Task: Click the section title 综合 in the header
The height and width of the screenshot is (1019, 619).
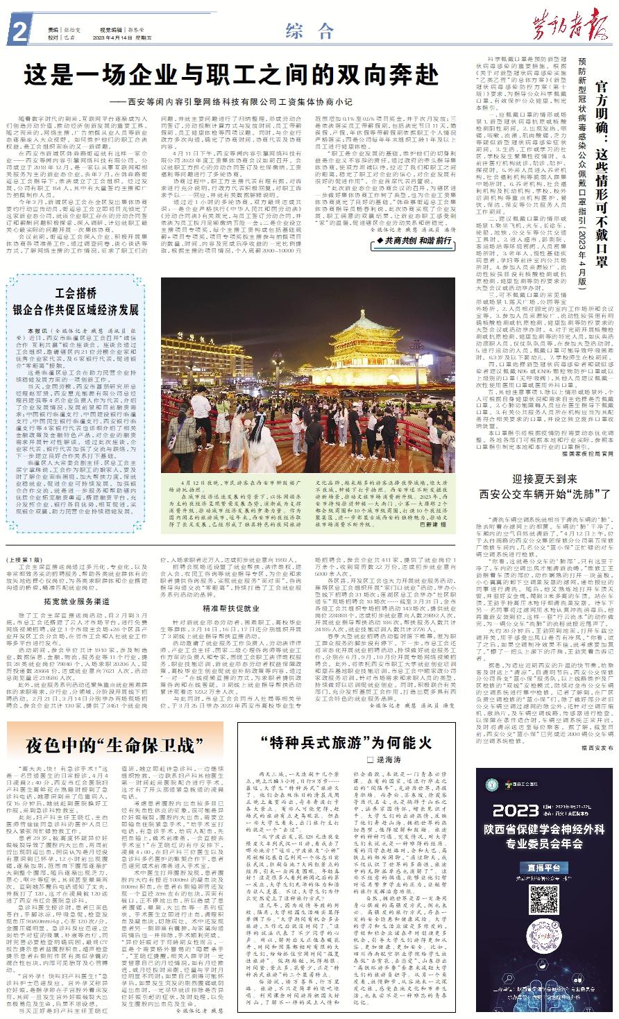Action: (309, 30)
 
